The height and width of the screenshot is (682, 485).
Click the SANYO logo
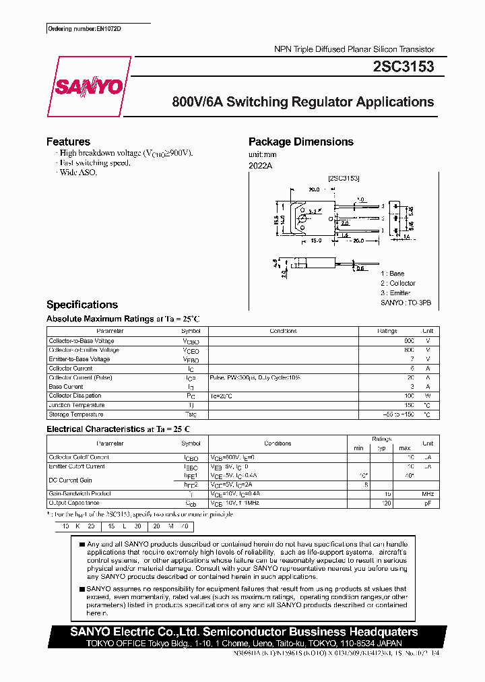pyautogui.click(x=88, y=87)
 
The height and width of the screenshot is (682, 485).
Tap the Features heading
pyautogui.click(x=68, y=142)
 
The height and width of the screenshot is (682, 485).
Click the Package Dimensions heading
pyautogui.click(x=300, y=142)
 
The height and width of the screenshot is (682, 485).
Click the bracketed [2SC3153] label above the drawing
pyautogui.click(x=344, y=178)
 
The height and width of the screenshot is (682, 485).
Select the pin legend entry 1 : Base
pyautogui.click(x=393, y=274)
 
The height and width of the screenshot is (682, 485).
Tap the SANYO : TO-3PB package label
pyautogui.click(x=406, y=303)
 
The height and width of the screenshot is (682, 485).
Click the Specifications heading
pyautogui.click(x=82, y=305)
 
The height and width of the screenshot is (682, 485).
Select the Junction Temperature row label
pyautogui.click(x=77, y=405)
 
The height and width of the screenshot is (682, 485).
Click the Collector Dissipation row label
pyautogui.click(x=75, y=396)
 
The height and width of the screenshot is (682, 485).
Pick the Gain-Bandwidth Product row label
pyautogui.click(x=79, y=493)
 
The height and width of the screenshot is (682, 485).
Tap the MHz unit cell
pyautogui.click(x=428, y=494)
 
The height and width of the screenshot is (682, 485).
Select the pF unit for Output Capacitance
pyautogui.click(x=428, y=503)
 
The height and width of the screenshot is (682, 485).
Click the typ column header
pyautogui.click(x=381, y=448)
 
